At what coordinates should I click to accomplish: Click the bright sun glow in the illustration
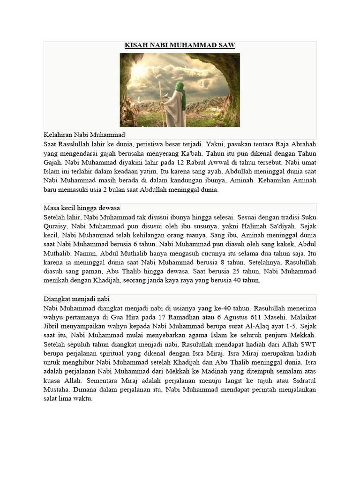[x=139, y=70]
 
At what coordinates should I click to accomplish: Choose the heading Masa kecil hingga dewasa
[x=82, y=208]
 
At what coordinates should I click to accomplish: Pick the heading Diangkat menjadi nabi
[x=77, y=299]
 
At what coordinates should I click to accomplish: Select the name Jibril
[x=52, y=326]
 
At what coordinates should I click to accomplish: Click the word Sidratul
[x=301, y=381]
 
